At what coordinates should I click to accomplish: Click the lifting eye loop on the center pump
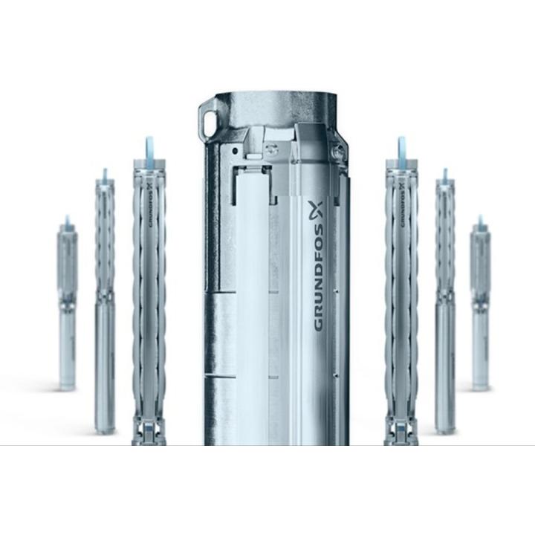pos(209,118)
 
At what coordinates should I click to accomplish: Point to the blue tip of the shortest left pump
pos(67,221)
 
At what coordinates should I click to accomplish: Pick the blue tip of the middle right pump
pos(444,175)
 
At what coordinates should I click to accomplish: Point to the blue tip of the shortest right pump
pos(481,221)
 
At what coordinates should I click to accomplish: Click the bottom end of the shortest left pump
pos(67,383)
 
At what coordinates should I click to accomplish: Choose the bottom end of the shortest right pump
pos(481,383)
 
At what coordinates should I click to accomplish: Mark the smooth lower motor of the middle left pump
pos(105,357)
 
